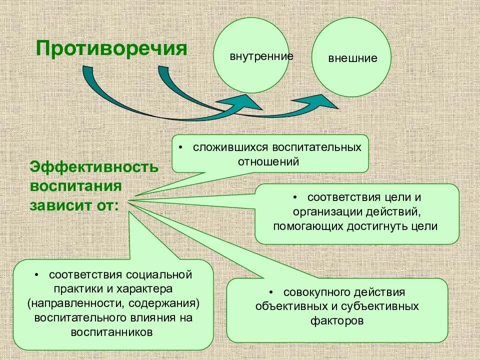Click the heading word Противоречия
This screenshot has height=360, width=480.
111,49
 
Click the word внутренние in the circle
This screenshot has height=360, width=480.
261,55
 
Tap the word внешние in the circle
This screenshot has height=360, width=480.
352,58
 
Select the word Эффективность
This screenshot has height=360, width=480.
94,166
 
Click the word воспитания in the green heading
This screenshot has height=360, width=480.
76,186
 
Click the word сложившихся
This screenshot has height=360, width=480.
223,148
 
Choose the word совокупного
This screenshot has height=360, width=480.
314,292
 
